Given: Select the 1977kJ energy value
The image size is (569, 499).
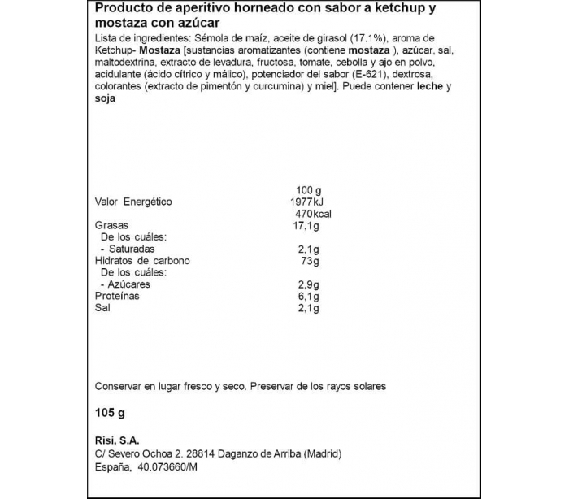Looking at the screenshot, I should point(307,202).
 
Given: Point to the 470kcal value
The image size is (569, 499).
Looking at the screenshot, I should point(310,214).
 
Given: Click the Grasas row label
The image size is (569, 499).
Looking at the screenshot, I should point(113,225).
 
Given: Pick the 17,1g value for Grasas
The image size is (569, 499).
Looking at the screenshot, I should point(306,225).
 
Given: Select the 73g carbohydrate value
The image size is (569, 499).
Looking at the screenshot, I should point(309,261).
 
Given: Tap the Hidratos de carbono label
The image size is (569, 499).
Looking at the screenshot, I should point(142,261).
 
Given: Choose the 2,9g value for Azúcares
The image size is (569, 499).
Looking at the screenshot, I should point(306,284).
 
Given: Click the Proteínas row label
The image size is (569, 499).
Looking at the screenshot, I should point(117,296).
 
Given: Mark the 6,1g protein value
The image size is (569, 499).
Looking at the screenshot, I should point(306,296).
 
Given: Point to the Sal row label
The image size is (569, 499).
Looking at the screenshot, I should point(103,308).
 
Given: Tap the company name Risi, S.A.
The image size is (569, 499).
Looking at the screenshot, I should point(119,440).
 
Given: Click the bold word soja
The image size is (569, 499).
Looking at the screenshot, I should point(106,98).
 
